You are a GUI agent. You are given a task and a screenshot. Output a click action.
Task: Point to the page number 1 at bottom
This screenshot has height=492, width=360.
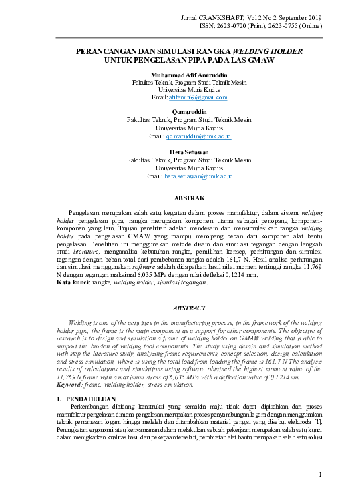coord(321,474)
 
